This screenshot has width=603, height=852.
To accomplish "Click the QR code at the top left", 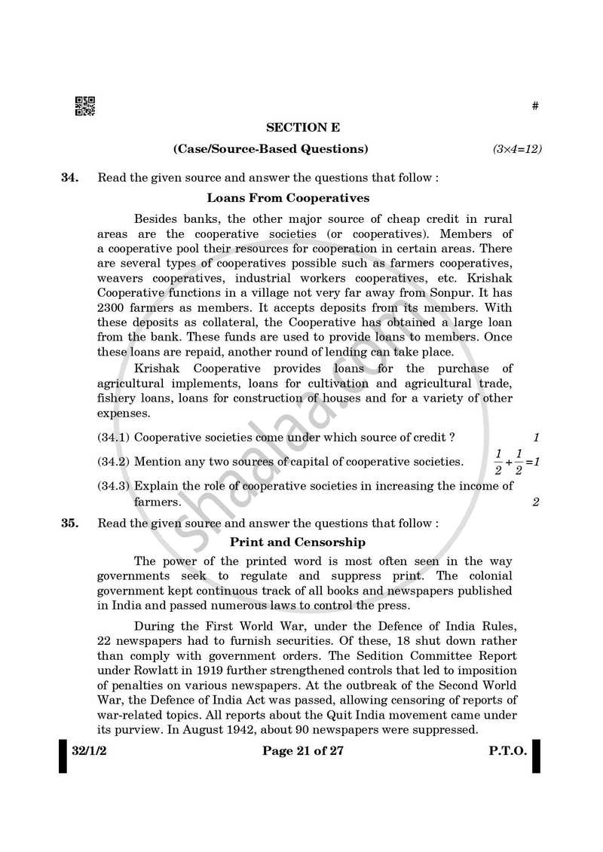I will (x=85, y=107).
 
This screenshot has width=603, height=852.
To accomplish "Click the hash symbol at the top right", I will (x=535, y=106).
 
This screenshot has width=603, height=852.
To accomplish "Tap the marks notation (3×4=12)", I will (x=517, y=149).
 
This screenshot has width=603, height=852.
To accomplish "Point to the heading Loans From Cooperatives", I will (x=288, y=198).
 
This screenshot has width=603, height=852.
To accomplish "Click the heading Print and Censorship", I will (x=297, y=542).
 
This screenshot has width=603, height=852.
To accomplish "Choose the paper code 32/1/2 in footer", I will (x=90, y=754).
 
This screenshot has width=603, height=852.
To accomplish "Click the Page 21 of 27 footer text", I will (x=302, y=754).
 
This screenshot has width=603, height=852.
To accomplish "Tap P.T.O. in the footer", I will (x=506, y=754).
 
